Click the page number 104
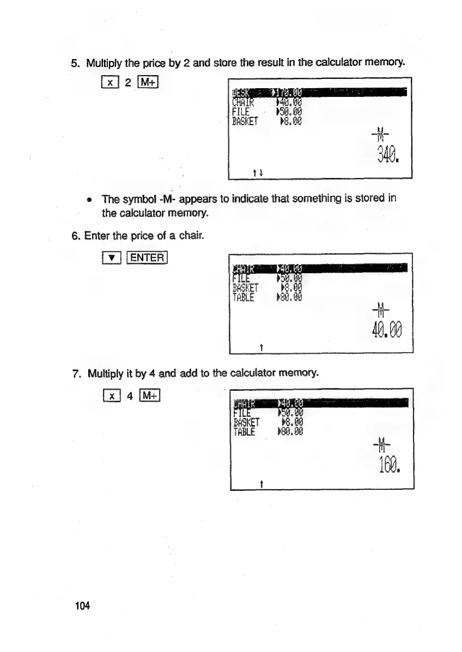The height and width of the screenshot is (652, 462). pos(81,606)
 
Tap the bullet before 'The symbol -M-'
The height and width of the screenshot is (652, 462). pos(89,198)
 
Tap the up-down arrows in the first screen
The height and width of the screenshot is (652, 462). pos(256,172)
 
